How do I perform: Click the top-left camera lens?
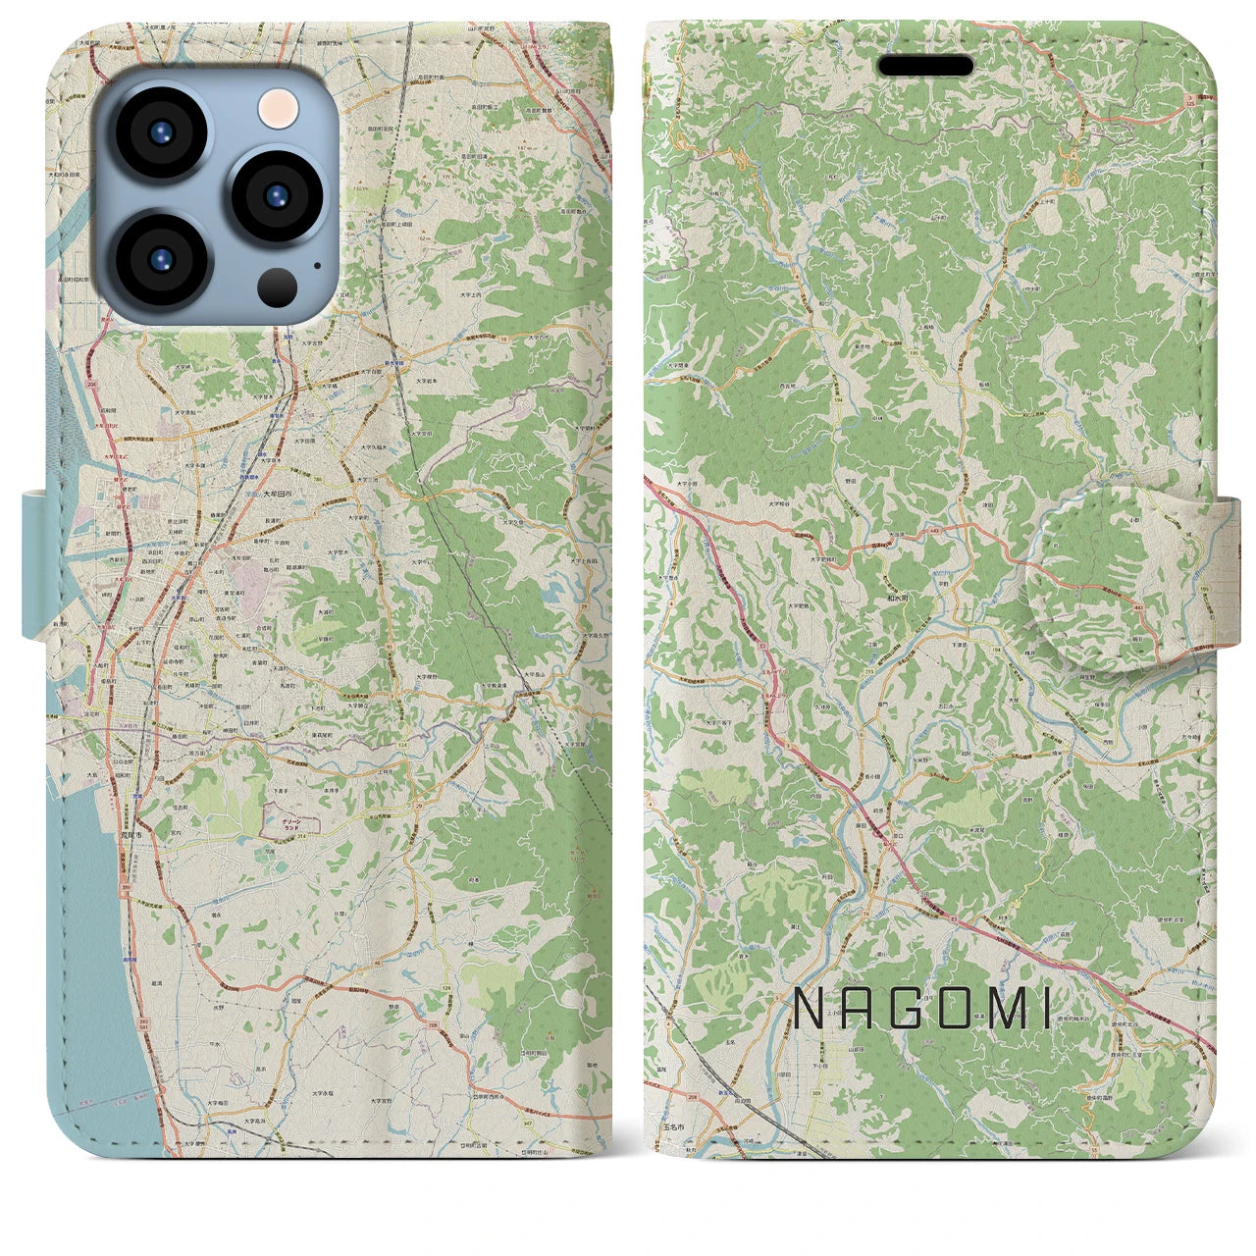[x=159, y=134]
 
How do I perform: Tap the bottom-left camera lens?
[x=161, y=258]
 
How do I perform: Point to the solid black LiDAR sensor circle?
[x=278, y=288]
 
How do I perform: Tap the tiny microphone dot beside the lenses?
[x=317, y=264]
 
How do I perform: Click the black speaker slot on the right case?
[x=924, y=66]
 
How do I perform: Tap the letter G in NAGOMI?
[x=909, y=1009]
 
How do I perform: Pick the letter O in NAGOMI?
[x=958, y=1009]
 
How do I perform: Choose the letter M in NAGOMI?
[x=1008, y=1009]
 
